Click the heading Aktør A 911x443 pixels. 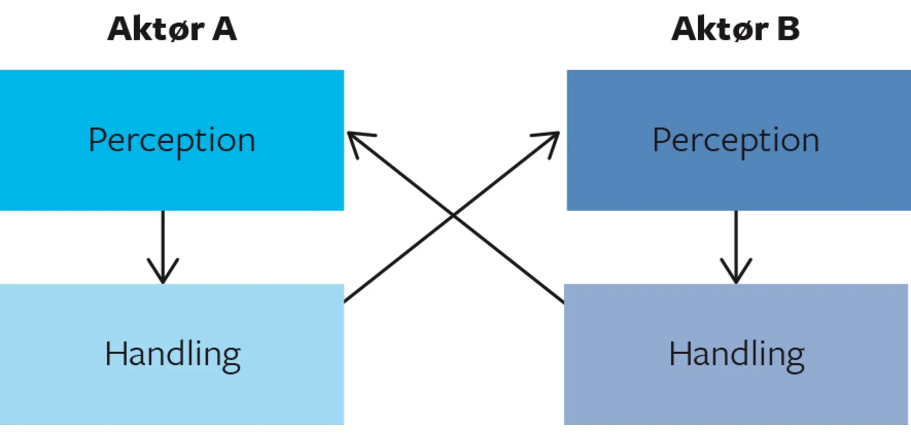point(172,29)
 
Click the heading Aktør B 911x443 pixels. point(736,29)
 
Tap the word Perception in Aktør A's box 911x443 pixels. point(172,140)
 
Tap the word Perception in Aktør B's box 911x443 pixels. point(736,140)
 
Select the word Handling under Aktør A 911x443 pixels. point(173,354)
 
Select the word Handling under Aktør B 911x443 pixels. point(737,354)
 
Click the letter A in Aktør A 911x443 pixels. point(225,29)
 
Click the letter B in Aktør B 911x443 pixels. point(788,29)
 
